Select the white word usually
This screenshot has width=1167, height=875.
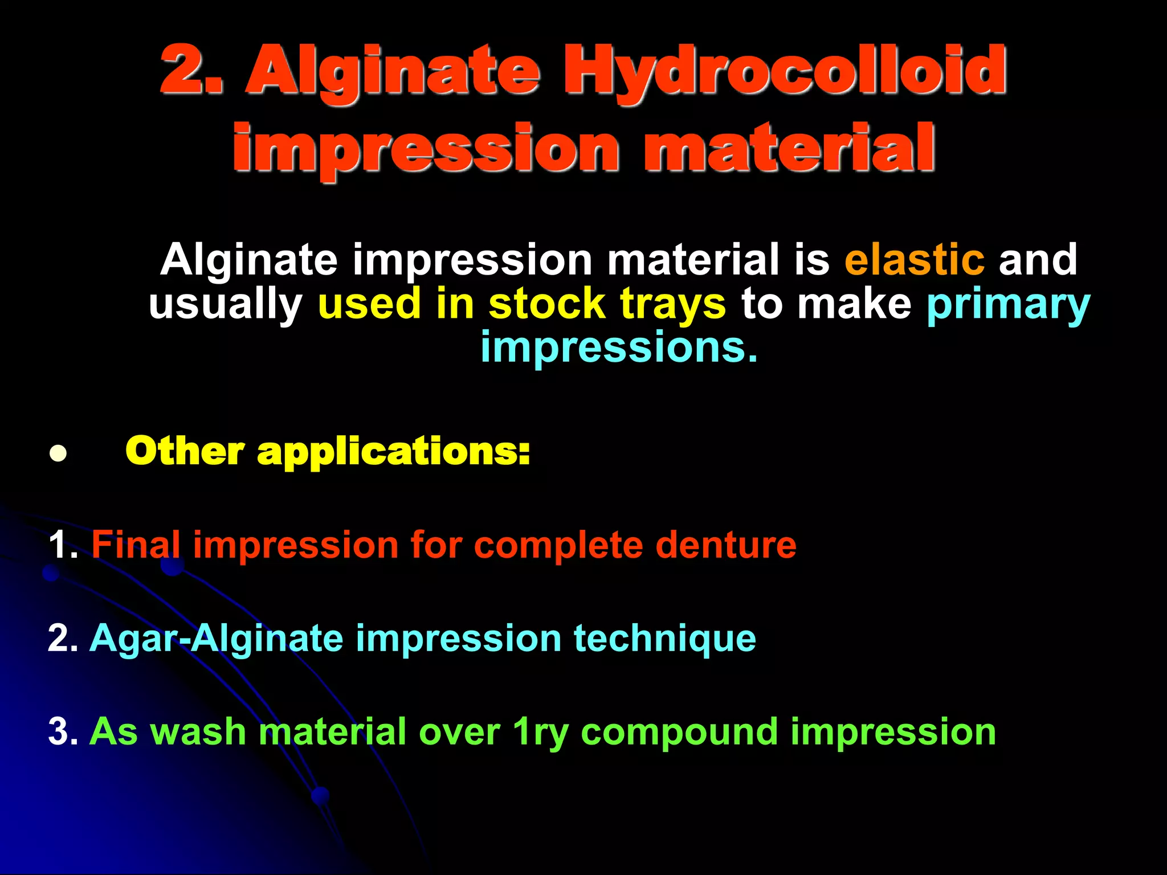[x=226, y=305]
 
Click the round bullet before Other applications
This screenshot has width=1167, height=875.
[x=58, y=453]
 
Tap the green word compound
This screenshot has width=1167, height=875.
[x=679, y=733]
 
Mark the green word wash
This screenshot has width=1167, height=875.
[x=197, y=731]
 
